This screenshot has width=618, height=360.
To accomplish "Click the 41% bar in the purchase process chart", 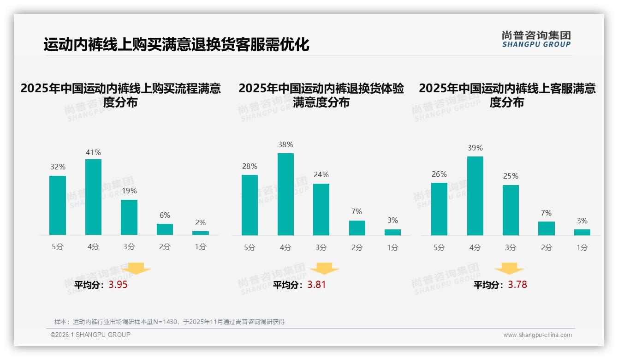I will [93, 197].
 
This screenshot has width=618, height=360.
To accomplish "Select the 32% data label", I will [58, 167].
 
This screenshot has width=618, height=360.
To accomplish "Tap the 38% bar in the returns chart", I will [285, 194].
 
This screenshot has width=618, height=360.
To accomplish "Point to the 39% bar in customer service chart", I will [475, 196].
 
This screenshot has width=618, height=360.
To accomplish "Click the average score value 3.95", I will [118, 285].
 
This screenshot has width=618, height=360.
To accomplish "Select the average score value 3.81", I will [316, 285].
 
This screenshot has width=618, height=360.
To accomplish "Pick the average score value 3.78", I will [517, 285].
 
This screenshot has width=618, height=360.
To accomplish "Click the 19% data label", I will [129, 191].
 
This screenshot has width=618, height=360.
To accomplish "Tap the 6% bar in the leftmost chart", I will [165, 229].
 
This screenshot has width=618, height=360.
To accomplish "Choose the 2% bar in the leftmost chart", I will [201, 233].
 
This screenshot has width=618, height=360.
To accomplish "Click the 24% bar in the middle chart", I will [321, 210].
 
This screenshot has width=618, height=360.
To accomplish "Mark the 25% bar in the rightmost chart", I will [511, 210].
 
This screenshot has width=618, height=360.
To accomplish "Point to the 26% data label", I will [439, 174].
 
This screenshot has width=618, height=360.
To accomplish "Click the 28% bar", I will [250, 205].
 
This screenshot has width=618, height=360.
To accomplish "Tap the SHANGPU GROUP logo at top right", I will [536, 39].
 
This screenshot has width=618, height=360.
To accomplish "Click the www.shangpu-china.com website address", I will [537, 335].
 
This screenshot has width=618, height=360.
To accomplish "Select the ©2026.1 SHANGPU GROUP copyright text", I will [90, 335].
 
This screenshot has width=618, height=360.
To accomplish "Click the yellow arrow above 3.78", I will [509, 269].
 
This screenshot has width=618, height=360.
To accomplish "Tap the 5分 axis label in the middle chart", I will [250, 248].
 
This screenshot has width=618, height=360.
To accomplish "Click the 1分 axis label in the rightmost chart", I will [582, 248].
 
